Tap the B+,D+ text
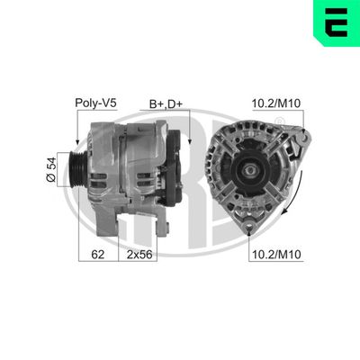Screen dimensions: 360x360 pyautogui.click(x=166, y=104)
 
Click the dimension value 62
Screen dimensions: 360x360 pyautogui.click(x=98, y=255)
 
